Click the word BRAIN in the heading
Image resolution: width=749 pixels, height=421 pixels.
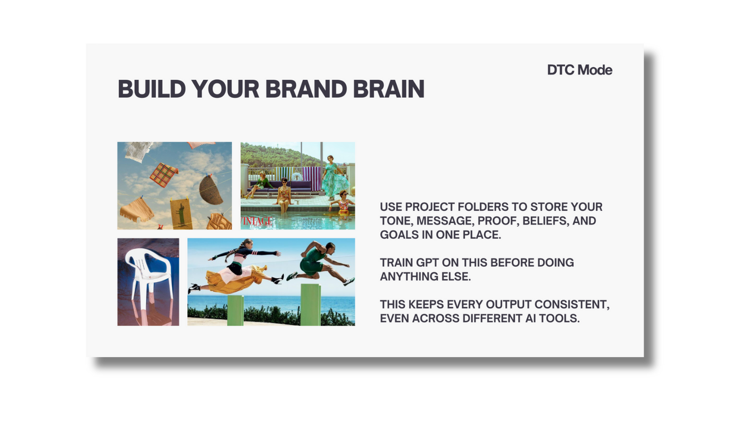pos(388,89)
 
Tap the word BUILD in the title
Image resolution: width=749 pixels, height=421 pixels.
pos(151,89)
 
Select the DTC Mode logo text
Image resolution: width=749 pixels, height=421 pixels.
pos(579,70)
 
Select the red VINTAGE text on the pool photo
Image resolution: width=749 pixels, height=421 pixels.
pos(257,221)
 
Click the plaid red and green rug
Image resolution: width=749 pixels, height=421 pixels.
pos(163,175)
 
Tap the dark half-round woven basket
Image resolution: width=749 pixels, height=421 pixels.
pos(211,190)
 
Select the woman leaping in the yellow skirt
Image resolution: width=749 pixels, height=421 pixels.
pos(241,267)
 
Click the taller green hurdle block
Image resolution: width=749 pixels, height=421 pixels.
pos(310,305)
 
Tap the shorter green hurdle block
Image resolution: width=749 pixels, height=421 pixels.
pos(235,310)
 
